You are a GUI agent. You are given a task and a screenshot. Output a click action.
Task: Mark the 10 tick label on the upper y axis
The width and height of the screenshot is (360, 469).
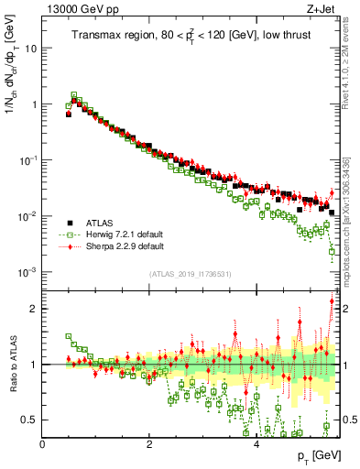point(29,48)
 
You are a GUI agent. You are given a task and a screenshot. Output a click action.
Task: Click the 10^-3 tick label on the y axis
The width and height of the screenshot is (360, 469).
point(27,272)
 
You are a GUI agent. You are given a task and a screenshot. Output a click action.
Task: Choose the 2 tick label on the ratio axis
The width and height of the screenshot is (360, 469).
point(34,309)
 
